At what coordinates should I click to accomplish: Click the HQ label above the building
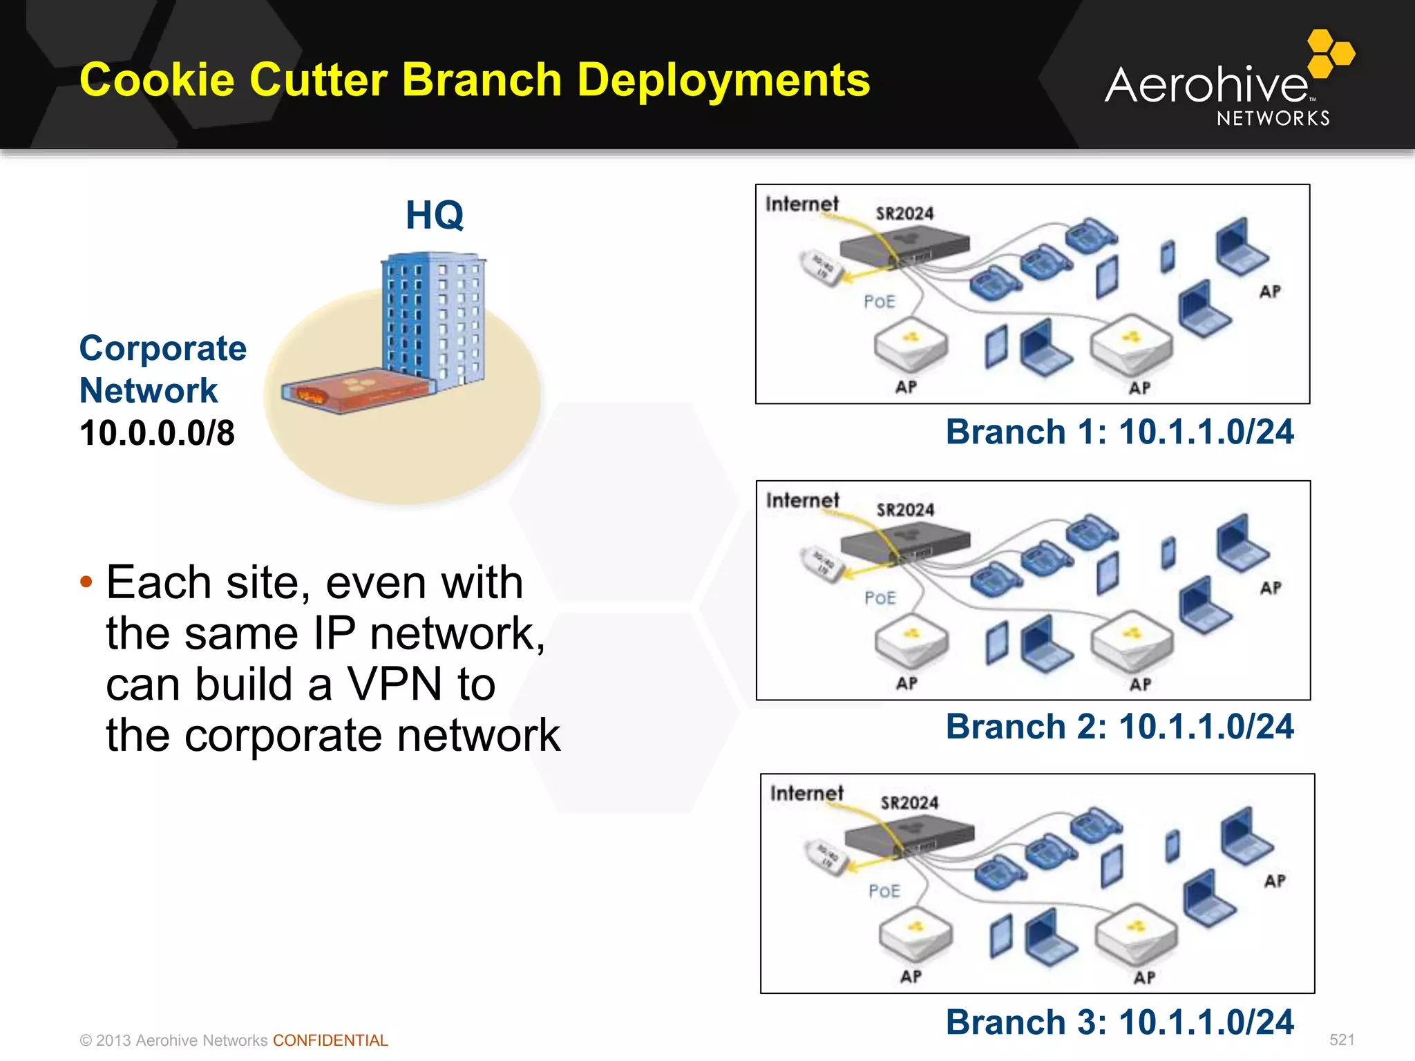click(434, 215)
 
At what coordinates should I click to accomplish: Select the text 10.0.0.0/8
click(157, 433)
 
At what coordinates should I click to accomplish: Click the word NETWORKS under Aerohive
click(1273, 119)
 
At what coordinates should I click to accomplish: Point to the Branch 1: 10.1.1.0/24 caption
click(1119, 432)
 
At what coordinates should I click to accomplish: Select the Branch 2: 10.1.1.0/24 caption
click(1119, 727)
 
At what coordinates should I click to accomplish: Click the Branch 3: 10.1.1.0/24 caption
click(1119, 1022)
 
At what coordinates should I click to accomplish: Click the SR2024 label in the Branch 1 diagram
click(904, 213)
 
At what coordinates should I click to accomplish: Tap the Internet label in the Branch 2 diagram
click(802, 499)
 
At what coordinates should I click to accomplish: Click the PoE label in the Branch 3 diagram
click(884, 891)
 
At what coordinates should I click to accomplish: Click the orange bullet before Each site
click(86, 582)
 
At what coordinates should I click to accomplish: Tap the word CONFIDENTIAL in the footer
click(330, 1040)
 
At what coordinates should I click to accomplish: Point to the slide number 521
click(1342, 1040)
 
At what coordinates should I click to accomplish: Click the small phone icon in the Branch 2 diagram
click(1168, 553)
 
